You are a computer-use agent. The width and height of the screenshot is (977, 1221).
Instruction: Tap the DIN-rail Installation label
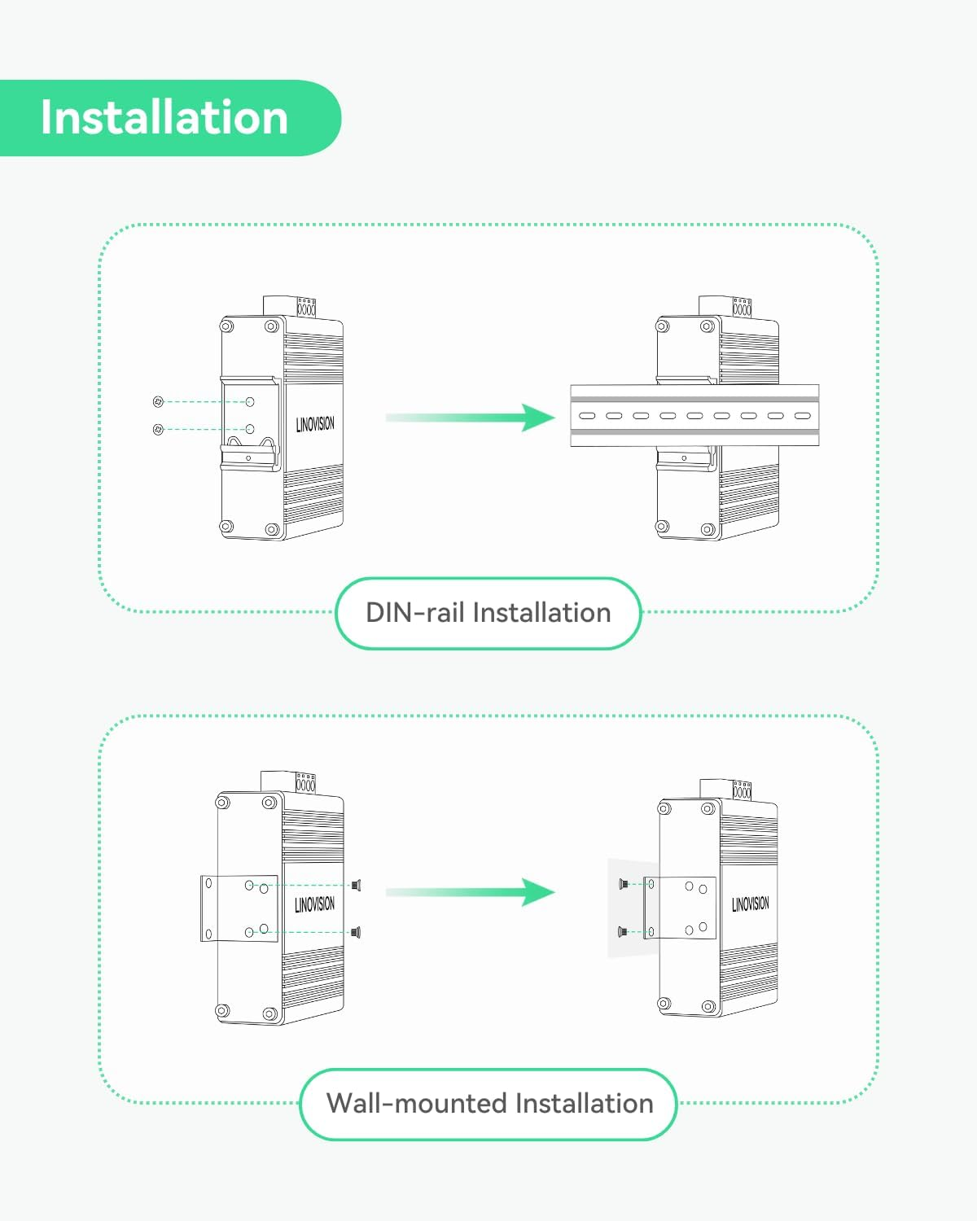point(488,613)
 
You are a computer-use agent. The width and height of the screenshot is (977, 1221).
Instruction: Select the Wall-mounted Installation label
point(489,1104)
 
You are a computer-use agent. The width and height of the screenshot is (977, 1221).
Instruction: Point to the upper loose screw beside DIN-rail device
point(159,401)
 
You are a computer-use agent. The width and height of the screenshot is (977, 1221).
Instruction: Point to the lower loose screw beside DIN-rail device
point(159,429)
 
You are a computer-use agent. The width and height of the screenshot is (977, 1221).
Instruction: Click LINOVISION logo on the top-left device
point(315,424)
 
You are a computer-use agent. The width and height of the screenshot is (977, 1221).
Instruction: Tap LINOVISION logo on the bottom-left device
point(314,904)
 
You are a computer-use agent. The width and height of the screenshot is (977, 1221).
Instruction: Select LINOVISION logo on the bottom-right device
point(750,904)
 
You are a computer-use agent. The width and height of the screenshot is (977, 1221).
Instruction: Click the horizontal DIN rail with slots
point(694,416)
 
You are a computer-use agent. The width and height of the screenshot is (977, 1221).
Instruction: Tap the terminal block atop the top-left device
point(306,307)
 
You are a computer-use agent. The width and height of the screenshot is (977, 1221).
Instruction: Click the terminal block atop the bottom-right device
point(742,790)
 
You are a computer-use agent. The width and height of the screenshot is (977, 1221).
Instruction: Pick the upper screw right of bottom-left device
point(356,885)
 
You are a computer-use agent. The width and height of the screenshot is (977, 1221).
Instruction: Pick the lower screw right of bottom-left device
point(356,932)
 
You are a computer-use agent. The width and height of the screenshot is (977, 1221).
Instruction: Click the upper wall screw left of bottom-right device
point(623,884)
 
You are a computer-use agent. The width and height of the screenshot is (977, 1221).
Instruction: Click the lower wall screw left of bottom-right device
point(623,931)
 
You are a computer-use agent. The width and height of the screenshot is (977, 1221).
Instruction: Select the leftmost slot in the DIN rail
point(587,416)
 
